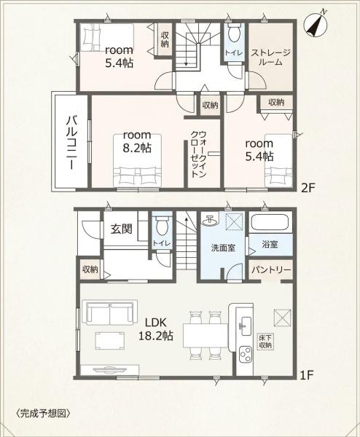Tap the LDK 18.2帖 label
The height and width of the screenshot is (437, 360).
point(156,329)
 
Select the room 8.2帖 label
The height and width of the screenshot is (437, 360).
point(137,141)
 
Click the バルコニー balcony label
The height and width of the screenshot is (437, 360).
point(71,143)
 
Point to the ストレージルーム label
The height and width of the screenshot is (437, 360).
point(270,57)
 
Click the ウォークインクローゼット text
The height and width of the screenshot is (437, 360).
point(198,154)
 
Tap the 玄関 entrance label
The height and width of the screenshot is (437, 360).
point(122,229)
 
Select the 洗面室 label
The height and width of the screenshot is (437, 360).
point(223,248)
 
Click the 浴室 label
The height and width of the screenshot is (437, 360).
point(270,245)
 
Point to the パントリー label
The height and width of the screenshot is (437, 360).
point(271,269)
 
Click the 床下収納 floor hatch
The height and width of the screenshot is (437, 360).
point(265,342)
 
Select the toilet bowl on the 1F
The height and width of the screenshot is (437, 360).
point(162,225)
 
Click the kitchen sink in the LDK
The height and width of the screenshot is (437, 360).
point(246,326)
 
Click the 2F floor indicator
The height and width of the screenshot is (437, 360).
point(308,189)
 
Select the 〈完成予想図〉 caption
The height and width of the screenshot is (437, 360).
point(43,413)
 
